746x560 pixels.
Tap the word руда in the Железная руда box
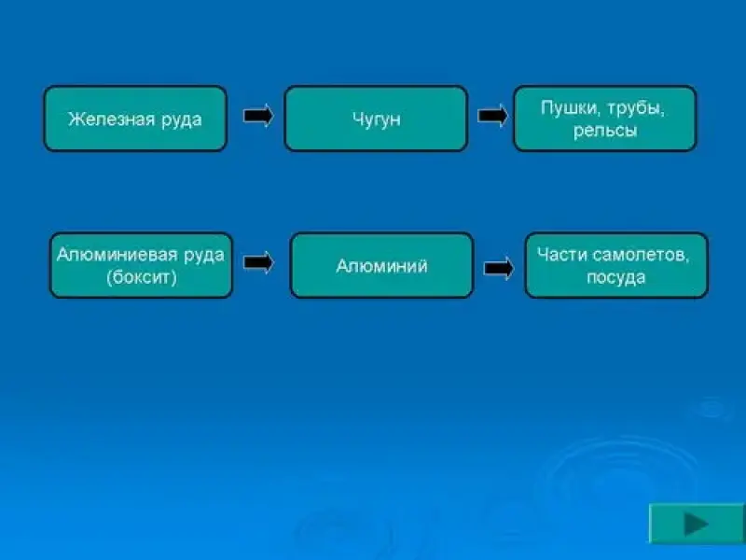182,120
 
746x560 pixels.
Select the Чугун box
376,119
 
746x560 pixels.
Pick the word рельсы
604,131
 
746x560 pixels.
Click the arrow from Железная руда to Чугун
258,116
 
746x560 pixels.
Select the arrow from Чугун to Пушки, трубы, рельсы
492,116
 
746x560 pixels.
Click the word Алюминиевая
117,255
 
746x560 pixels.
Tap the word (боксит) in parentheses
142,277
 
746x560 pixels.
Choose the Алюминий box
381,265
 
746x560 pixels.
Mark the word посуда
615,277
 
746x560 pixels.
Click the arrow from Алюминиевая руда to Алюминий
258,262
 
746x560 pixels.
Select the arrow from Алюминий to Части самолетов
499,268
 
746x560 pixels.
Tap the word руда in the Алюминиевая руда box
204,256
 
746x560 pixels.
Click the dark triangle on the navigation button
696,525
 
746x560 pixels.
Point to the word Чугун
377,119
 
